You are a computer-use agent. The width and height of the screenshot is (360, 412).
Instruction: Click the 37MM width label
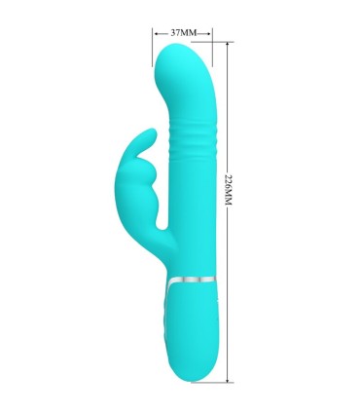pyautogui.click(x=183, y=32)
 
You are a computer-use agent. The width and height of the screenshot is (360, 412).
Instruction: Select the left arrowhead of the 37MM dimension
pyautogui.click(x=157, y=32)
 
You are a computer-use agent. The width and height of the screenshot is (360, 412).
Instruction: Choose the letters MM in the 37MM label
pyautogui.click(x=190, y=32)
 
